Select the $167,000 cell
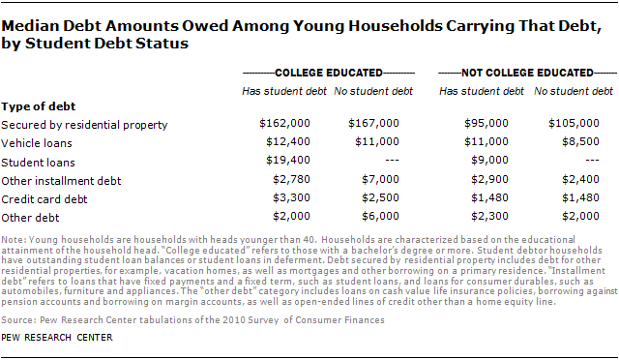point(374,124)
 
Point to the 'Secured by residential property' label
point(85,124)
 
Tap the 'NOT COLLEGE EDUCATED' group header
point(526,73)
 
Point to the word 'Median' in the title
point(30,23)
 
